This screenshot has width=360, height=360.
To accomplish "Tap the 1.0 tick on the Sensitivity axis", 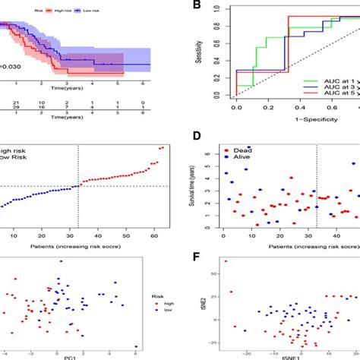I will click(x=221, y=8).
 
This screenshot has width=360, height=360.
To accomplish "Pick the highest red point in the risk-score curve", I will click(x=164, y=147).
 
